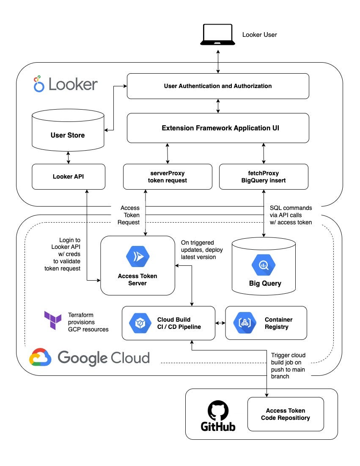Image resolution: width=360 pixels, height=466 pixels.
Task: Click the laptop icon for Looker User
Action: click(218, 34)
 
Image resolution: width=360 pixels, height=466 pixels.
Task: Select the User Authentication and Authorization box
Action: click(218, 86)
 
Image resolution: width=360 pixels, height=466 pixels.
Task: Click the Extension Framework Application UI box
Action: click(218, 128)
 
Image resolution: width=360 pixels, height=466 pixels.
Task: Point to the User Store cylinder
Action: click(68, 131)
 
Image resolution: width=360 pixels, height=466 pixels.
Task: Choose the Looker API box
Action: click(68, 176)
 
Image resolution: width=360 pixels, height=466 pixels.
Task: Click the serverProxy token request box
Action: click(168, 176)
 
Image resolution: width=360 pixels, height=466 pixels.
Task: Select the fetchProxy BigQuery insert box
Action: click(264, 176)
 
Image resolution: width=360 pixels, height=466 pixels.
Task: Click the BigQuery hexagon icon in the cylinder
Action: click(264, 265)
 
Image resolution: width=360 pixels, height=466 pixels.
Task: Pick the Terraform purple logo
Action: click(53, 320)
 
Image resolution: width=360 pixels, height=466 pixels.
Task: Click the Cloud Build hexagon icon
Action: click(140, 323)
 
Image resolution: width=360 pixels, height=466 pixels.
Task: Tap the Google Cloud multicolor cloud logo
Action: click(40, 357)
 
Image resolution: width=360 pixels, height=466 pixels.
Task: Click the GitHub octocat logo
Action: click(218, 411)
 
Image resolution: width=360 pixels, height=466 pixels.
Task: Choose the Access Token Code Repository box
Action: click(285, 414)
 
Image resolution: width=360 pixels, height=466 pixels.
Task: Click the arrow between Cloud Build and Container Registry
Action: click(220, 323)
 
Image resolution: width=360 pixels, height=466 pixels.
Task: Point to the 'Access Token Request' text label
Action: click(130, 215)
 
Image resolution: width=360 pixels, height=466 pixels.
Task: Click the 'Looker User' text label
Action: click(259, 35)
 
